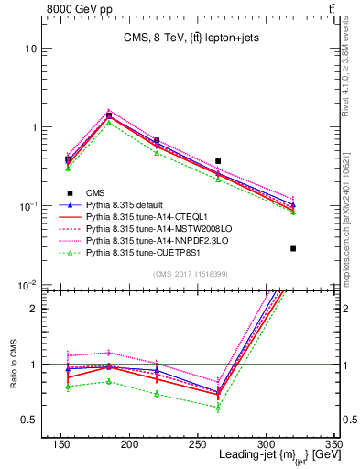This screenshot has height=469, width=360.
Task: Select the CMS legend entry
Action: [96, 192]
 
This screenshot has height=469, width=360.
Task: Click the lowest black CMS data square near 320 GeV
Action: [293, 248]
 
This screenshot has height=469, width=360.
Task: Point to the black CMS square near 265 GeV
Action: [218, 161]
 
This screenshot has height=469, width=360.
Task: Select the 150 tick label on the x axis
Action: [61, 445]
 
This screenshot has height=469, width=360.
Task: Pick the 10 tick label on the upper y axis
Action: [32, 48]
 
